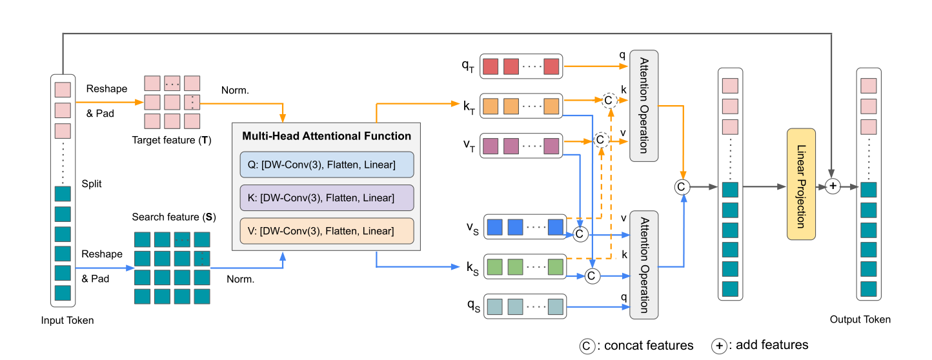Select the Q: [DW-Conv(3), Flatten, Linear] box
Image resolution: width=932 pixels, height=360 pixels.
tap(326, 165)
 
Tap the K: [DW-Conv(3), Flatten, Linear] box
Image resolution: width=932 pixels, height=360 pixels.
tap(326, 197)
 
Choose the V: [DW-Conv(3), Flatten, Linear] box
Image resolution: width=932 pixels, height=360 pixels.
tap(326, 230)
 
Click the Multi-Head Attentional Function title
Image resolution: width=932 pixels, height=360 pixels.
tap(326, 136)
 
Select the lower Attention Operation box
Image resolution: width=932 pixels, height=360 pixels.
tap(643, 265)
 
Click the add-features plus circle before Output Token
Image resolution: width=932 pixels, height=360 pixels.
tap(833, 186)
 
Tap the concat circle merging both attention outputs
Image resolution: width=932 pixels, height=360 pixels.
tap(681, 186)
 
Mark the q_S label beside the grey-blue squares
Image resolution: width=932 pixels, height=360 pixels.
tap(474, 305)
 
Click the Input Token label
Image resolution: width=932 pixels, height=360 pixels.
tap(67, 320)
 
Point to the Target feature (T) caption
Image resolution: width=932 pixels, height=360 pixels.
tap(171, 140)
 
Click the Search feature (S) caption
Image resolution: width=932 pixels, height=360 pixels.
tap(173, 217)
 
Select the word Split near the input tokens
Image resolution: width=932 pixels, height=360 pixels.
tap(92, 184)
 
